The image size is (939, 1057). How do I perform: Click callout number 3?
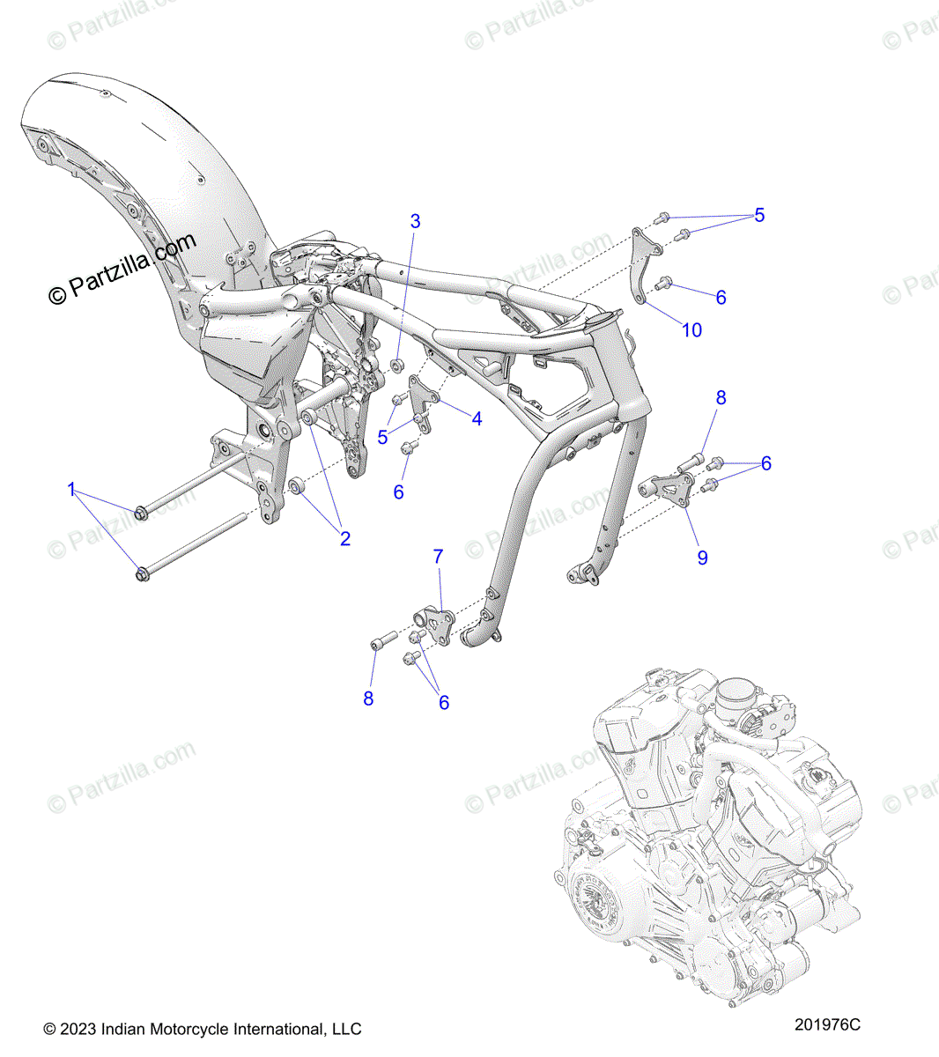(416, 221)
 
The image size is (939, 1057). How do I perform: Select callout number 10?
(692, 329)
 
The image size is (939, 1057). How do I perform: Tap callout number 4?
(477, 418)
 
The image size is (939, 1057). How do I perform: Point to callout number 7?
(438, 557)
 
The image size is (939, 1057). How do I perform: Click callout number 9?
(702, 557)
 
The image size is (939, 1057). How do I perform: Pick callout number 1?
(72, 490)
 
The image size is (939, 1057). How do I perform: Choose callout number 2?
(345, 538)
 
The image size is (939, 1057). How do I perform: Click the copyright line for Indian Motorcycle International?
(203, 1029)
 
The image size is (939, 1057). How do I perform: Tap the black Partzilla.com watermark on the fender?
(122, 269)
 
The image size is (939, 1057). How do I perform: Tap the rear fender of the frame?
(132, 194)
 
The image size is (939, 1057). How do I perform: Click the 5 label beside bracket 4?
(382, 437)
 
